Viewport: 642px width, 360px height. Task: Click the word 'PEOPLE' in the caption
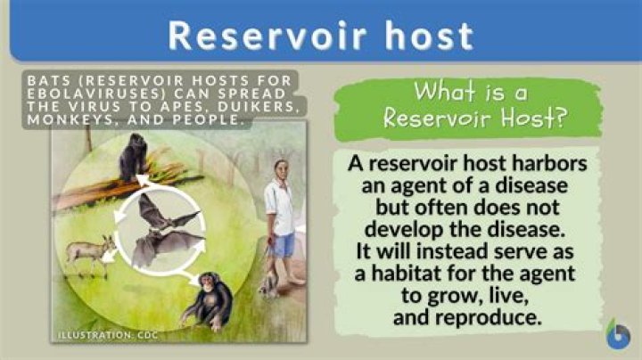[210, 119]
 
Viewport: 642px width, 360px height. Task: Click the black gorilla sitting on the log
[135, 159]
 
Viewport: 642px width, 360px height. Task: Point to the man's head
[282, 169]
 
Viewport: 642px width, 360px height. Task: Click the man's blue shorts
[284, 243]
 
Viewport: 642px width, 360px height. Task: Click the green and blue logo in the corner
[617, 335]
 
